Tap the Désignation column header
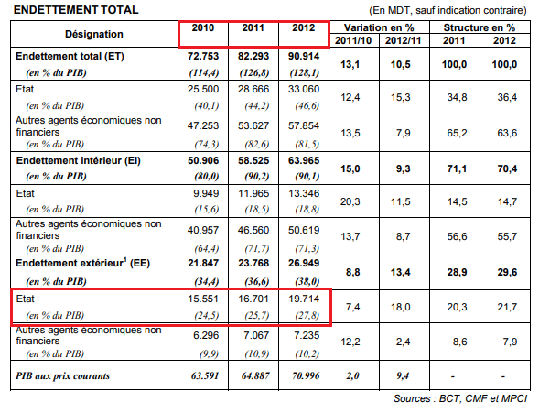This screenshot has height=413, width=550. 94,34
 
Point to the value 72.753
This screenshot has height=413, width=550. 203,56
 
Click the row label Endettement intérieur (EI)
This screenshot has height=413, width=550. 75,159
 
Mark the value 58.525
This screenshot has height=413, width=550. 253,159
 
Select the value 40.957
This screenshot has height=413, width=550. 203,228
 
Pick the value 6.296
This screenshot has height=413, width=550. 203,336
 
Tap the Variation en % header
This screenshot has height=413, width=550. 378,27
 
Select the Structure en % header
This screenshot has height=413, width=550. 486,27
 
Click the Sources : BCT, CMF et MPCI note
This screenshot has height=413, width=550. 466,398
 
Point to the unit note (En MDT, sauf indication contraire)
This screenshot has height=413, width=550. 448,9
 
